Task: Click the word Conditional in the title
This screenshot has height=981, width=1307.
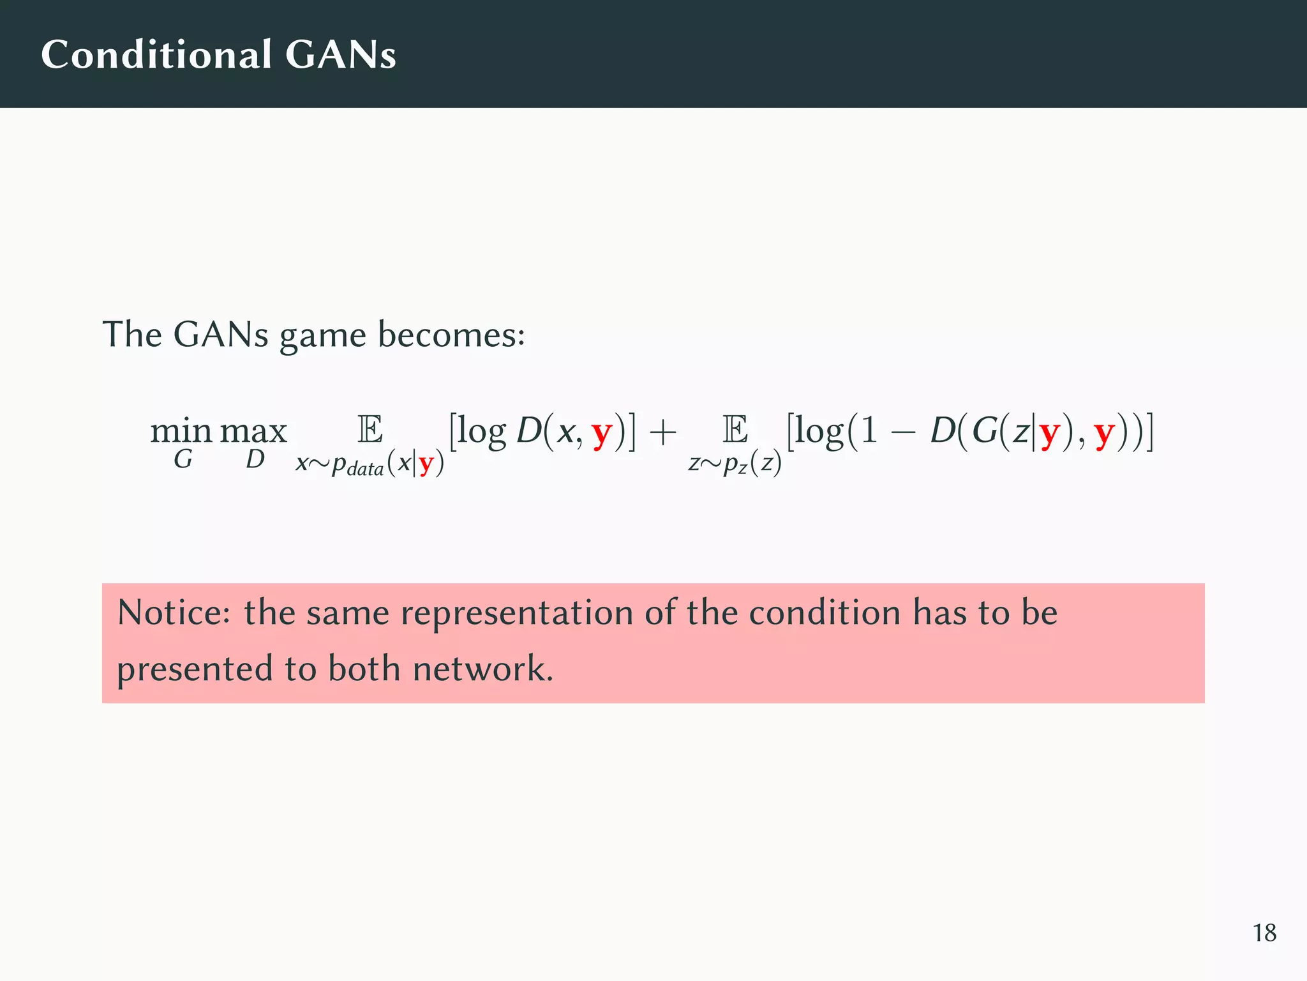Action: click(157, 54)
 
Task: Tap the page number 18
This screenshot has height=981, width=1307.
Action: click(1264, 933)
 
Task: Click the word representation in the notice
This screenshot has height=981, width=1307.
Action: click(516, 614)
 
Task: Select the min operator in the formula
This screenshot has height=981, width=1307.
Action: click(181, 431)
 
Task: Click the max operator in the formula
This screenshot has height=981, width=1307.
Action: click(253, 432)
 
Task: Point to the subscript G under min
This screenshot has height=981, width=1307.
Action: click(183, 459)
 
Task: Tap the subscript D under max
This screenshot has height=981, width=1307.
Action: click(255, 459)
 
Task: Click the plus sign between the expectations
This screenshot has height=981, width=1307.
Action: click(663, 432)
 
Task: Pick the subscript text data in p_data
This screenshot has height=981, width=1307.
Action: click(366, 469)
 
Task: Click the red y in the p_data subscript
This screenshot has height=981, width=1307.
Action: click(426, 464)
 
